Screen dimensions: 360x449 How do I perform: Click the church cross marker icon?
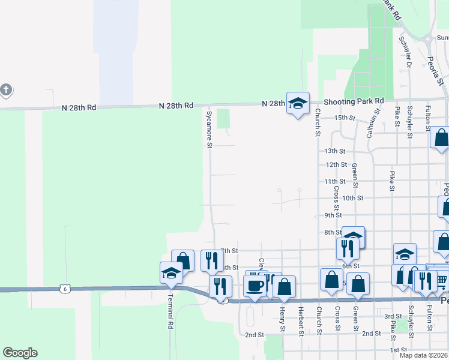click(5, 91)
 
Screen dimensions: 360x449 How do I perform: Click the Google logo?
click(20, 353)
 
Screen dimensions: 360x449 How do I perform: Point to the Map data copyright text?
click(423, 355)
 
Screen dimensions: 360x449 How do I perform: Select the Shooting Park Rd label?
click(354, 101)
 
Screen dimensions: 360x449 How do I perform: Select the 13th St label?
click(335, 151)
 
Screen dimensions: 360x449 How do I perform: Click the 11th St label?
click(334, 181)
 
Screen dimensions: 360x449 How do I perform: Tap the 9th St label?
click(333, 215)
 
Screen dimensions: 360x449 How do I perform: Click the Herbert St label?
click(301, 317)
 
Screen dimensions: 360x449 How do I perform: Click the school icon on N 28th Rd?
click(297, 103)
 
